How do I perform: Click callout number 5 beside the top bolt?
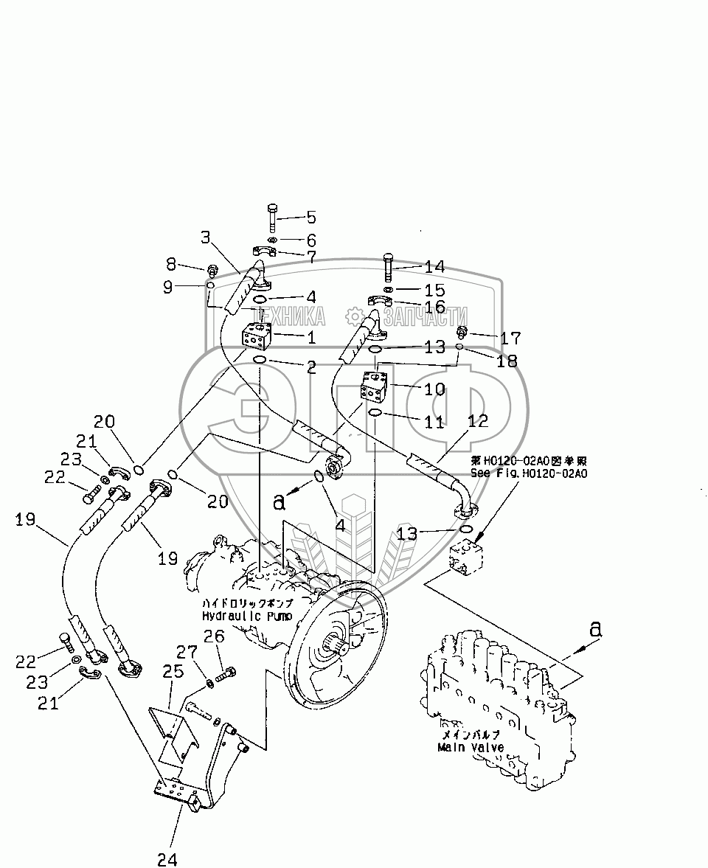pos(310,217)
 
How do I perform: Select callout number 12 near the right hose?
pos(478,420)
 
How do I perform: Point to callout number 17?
pos(510,338)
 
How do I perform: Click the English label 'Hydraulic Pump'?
pos(246,615)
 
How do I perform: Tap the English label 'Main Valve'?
pos(470,747)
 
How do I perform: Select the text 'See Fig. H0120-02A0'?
pos(528,473)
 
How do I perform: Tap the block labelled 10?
pos(375,386)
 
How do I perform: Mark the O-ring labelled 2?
pos(260,359)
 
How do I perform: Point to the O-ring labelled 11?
pos(375,413)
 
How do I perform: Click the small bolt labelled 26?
pos(228,673)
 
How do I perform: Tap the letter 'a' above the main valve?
pos(595,629)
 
